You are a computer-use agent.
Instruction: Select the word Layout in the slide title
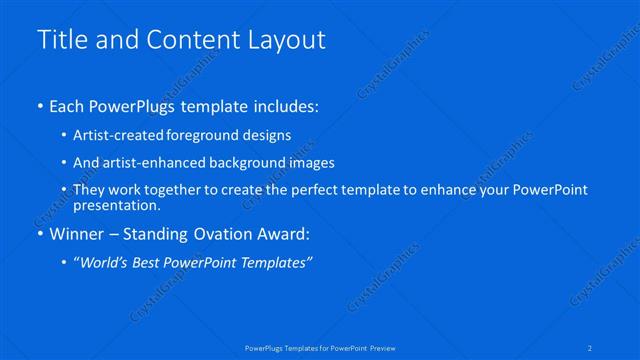click(x=289, y=40)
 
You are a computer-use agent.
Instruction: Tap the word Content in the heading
click(x=194, y=40)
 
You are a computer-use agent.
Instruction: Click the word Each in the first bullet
click(x=68, y=105)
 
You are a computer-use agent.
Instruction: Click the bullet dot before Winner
click(x=39, y=236)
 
